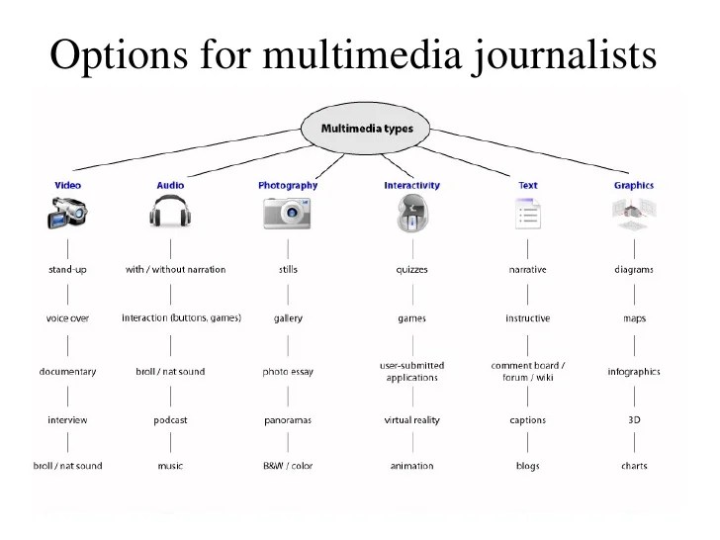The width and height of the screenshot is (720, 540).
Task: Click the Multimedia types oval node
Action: point(367,129)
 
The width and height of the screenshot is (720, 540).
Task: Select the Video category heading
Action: point(67,185)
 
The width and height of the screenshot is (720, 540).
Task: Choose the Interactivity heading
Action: point(411,185)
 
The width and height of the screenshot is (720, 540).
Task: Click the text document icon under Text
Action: point(527,214)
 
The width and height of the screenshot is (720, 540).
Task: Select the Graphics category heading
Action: point(634,185)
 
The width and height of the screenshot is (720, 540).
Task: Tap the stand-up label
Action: point(67,269)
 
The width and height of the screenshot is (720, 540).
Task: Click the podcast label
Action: point(170,420)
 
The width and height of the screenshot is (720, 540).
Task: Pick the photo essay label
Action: point(288,372)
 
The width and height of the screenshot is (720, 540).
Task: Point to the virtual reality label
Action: point(411,420)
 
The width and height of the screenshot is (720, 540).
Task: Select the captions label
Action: point(527,420)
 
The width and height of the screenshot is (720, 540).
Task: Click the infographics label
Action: point(634,372)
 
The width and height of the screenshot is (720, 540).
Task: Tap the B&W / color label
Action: point(288,466)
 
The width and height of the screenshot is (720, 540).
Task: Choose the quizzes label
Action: point(411,269)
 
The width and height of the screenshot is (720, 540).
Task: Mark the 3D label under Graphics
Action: point(634,419)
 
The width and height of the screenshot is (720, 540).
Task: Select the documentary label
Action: point(67,372)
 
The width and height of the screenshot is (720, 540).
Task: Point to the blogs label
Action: point(527,466)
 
